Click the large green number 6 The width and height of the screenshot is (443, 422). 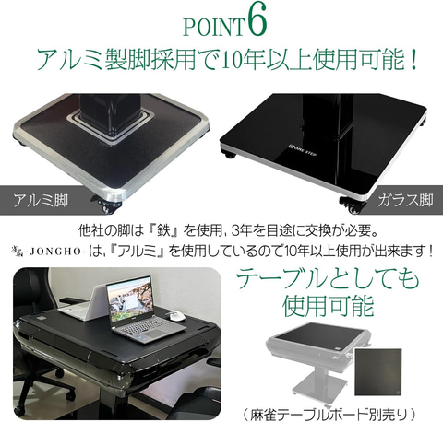256,22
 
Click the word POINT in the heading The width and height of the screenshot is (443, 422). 214,27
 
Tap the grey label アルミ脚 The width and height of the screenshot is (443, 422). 41,201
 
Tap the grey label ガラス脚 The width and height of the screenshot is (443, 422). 405,200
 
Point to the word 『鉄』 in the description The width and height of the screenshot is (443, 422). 163,231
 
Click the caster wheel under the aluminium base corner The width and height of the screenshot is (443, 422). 105,205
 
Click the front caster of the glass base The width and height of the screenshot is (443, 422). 353,205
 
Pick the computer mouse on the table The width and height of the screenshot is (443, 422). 174,316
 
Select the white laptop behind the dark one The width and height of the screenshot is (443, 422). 83,306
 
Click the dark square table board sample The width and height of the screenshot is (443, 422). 378,372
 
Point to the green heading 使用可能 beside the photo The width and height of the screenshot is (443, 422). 328,306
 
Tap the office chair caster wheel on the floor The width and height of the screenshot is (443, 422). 19,408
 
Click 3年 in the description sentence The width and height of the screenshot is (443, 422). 245,231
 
